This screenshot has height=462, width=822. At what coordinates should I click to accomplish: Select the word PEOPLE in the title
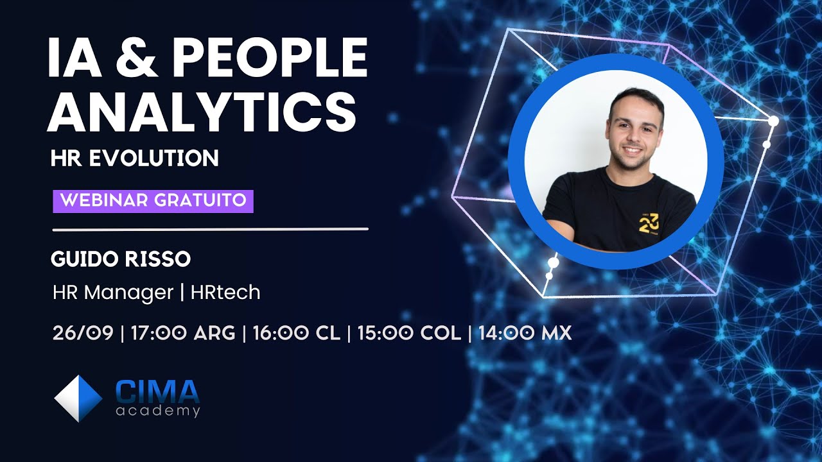[x=270, y=57]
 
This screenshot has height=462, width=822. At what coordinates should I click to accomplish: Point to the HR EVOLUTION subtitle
[x=135, y=158]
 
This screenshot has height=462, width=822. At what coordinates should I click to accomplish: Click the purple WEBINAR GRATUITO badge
[x=153, y=200]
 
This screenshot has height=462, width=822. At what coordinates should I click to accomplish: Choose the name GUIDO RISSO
[x=121, y=259]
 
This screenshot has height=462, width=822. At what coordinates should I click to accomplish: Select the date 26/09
[x=83, y=333]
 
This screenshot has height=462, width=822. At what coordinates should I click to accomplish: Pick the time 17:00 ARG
[x=182, y=333]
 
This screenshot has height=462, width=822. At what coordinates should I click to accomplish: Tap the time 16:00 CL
[x=296, y=333]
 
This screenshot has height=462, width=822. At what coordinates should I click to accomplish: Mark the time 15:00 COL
[x=409, y=333]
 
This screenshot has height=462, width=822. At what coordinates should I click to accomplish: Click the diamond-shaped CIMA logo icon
[x=78, y=398]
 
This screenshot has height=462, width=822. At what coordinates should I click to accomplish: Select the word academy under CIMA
[x=158, y=411]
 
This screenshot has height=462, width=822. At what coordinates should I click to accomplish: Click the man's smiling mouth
[x=633, y=150]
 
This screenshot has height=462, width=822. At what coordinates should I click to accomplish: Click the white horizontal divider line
[x=210, y=229]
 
